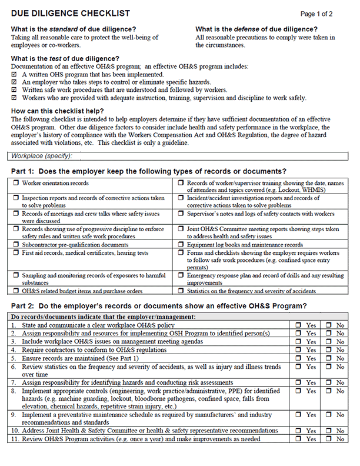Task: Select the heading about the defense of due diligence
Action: click(256, 29)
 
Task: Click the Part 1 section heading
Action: click(149, 171)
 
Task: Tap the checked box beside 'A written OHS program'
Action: click(15, 75)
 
